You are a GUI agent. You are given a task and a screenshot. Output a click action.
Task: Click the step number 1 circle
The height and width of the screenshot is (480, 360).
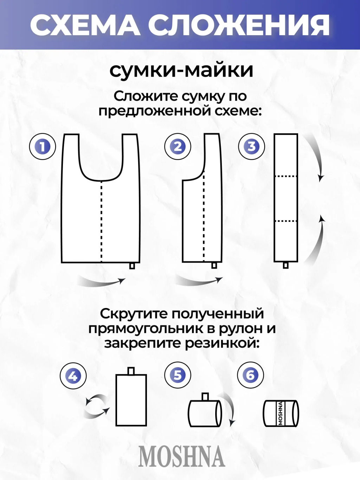(x=43, y=146)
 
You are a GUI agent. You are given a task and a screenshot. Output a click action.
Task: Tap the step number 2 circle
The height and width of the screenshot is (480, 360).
(x=178, y=146)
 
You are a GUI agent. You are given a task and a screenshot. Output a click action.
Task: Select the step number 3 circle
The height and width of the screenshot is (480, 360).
(x=252, y=146)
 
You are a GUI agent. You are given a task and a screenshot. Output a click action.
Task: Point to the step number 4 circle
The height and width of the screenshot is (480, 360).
(x=73, y=376)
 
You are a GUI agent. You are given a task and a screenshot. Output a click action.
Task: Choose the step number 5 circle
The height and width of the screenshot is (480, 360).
(x=178, y=375)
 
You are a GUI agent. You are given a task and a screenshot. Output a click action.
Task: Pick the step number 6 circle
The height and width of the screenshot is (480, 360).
(x=250, y=375)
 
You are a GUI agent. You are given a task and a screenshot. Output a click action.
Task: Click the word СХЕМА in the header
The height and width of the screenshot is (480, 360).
(x=85, y=25)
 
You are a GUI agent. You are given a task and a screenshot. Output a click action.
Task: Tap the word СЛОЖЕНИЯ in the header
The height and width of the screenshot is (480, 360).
(x=239, y=25)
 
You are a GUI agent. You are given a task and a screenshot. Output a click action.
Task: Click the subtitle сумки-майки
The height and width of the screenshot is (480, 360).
(x=181, y=70)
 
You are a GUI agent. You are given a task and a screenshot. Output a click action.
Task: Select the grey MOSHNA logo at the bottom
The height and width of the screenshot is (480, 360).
(x=181, y=456)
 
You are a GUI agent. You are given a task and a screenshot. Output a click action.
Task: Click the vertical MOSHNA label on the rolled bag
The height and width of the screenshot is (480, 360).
(x=281, y=414)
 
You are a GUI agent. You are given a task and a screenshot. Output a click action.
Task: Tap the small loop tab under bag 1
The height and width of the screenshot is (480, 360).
(x=132, y=266)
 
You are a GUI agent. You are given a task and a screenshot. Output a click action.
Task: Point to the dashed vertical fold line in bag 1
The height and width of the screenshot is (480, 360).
(x=102, y=222)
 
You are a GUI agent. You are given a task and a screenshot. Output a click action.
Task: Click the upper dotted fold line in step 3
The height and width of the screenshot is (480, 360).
(x=286, y=176)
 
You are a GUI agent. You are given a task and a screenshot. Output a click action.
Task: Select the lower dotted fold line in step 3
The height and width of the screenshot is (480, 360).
(x=286, y=221)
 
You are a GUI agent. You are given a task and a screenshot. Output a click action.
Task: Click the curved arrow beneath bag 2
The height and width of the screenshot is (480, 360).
(x=199, y=281)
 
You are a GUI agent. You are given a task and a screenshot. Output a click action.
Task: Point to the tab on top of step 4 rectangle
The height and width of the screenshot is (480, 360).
(x=131, y=371)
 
